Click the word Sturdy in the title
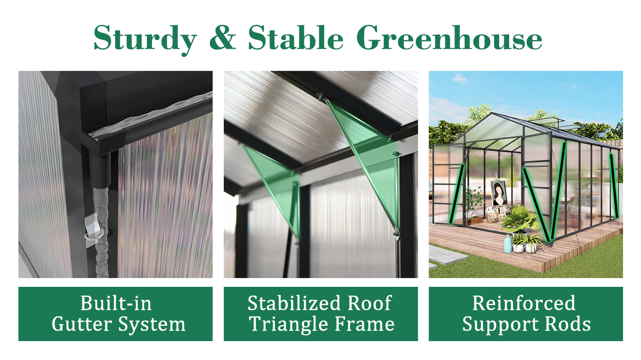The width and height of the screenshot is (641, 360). point(145,39)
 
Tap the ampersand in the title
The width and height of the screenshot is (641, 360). point(223,37)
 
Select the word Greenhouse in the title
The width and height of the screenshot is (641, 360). point(449,37)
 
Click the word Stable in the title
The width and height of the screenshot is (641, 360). point(296,37)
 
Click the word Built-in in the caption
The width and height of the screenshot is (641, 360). point(116,303)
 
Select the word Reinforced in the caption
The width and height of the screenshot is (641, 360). point(524,303)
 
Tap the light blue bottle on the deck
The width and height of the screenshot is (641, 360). point(508,244)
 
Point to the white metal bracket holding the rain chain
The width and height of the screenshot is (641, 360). point(92,230)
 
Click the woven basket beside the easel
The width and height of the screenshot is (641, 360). point(492,216)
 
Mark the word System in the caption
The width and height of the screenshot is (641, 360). point(152,325)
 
